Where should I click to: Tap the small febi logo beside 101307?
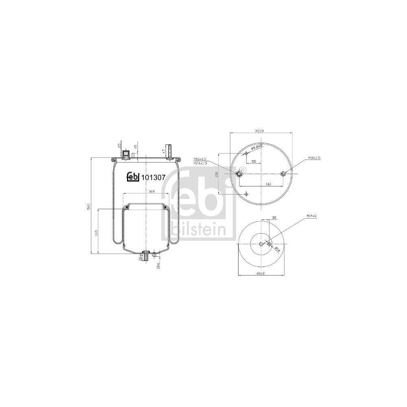133,175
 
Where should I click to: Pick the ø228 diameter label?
260,131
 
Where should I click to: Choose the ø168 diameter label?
261,274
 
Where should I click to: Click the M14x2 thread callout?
312,216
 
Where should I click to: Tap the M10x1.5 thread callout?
314,158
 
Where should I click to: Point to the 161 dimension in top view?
268,184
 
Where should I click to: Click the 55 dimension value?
253,162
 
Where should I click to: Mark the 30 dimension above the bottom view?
274,218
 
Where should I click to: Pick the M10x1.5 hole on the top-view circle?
283,174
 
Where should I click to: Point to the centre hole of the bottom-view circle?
261,244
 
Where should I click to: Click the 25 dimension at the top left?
119,145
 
